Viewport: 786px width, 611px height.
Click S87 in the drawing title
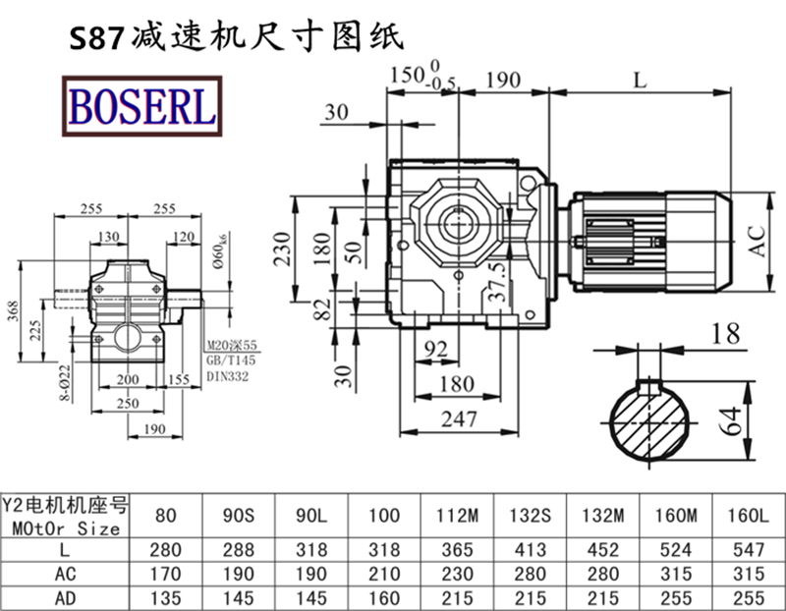(x=94, y=37)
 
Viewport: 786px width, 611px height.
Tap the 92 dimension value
(x=437, y=348)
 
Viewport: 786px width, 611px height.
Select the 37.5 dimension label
(x=498, y=280)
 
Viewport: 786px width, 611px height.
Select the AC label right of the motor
(x=758, y=238)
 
